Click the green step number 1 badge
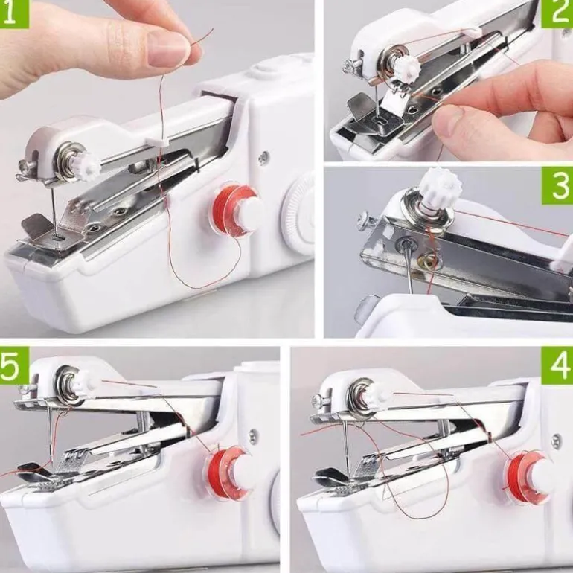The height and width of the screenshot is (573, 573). (x=14, y=14)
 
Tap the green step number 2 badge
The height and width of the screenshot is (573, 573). (x=557, y=14)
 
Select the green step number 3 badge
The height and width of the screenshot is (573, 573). (x=557, y=186)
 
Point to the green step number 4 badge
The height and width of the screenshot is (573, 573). (x=557, y=365)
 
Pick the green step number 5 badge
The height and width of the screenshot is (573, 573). (x=14, y=365)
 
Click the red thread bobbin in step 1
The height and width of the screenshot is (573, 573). (x=234, y=209)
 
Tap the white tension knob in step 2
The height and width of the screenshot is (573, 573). (x=403, y=67)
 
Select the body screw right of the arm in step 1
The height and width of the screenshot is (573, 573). (x=263, y=158)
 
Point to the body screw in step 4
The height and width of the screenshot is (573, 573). (x=556, y=441)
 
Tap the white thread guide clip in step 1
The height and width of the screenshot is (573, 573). (x=157, y=141)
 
